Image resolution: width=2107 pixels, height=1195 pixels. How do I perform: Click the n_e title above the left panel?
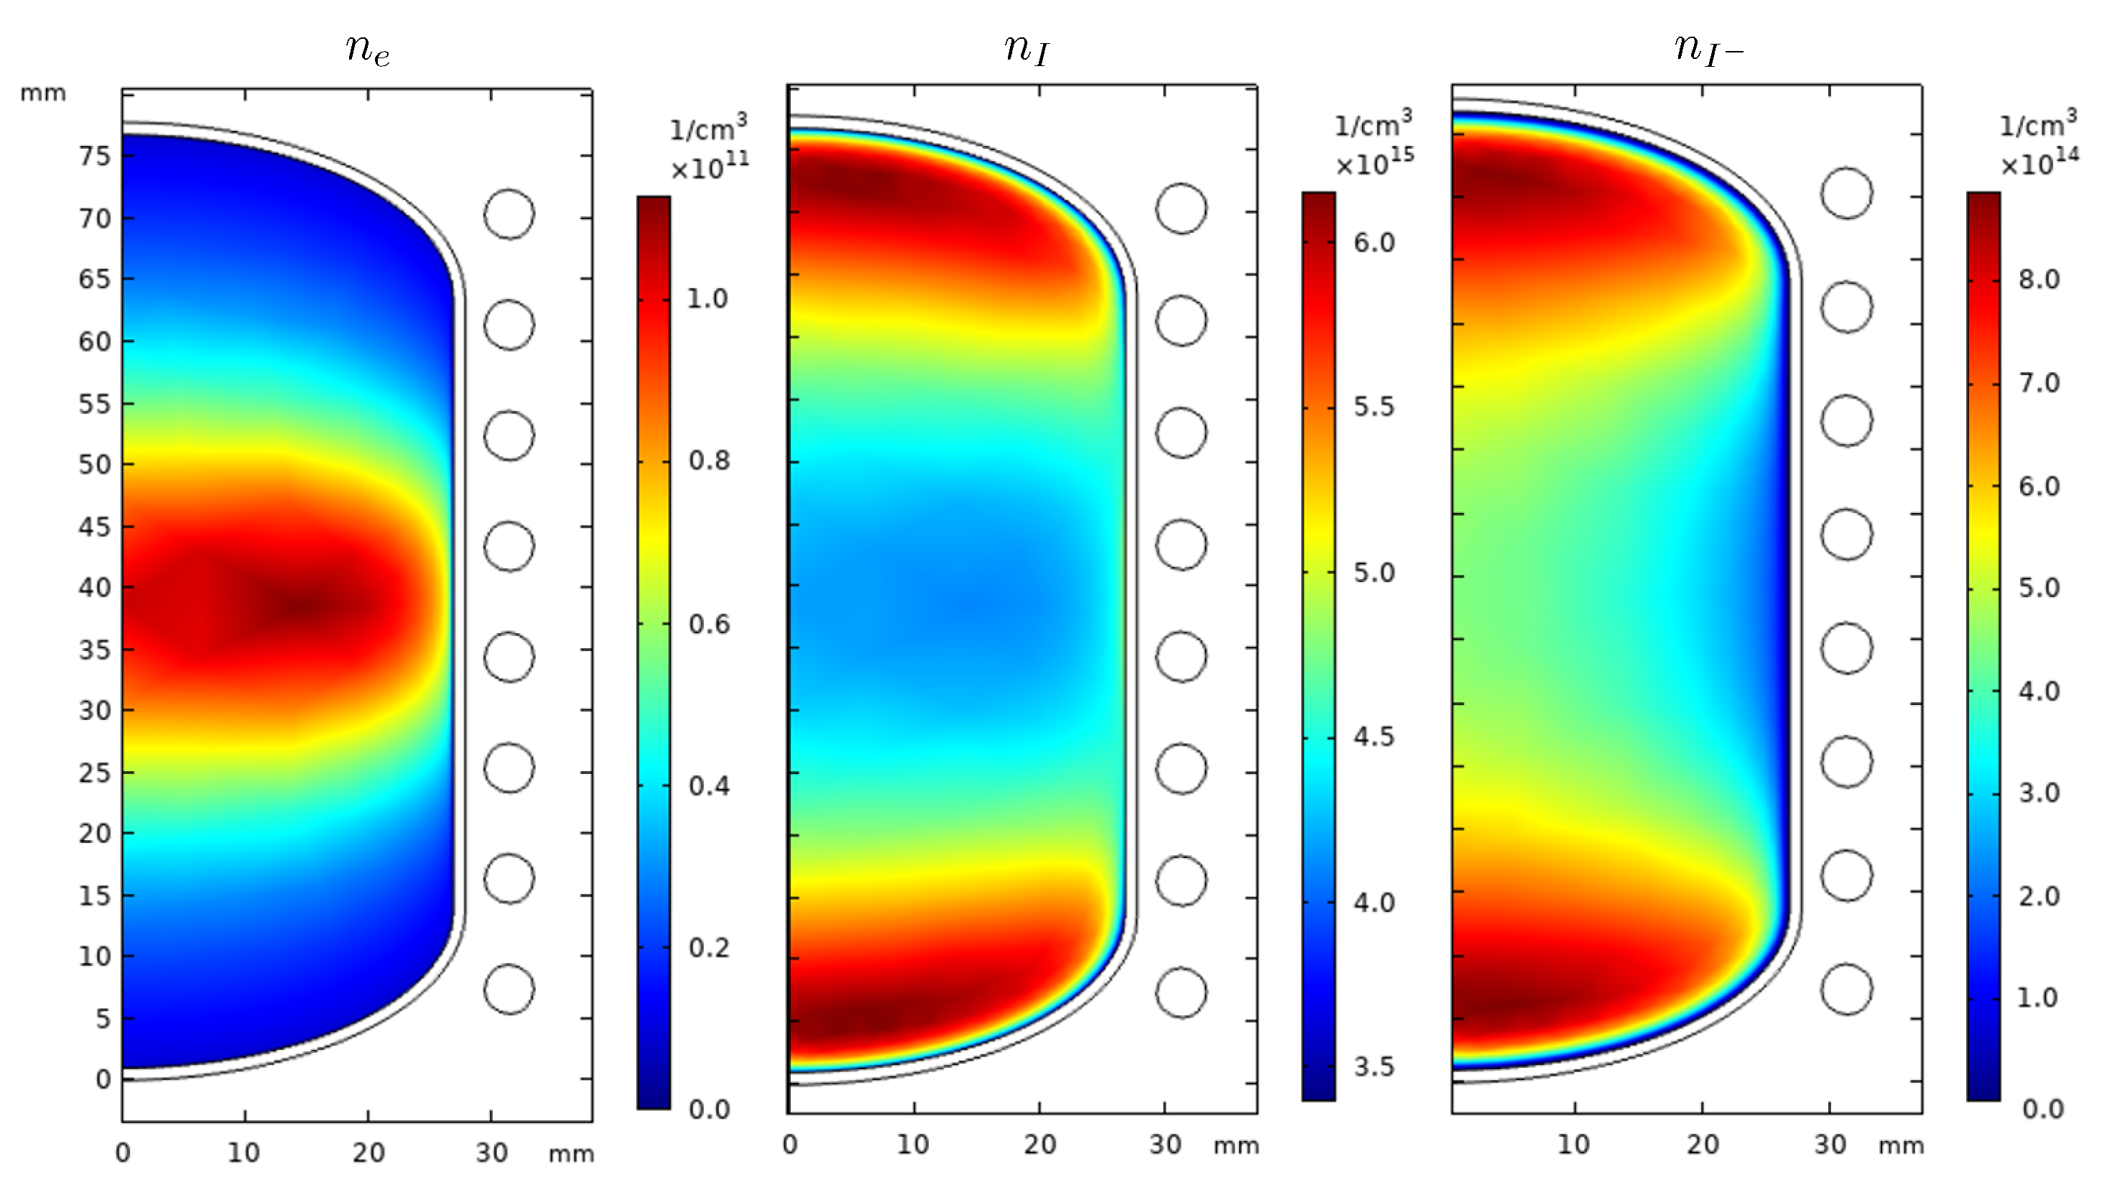pyautogui.click(x=368, y=50)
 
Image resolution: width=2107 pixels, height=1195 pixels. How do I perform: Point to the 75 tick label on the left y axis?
pyautogui.click(x=94, y=155)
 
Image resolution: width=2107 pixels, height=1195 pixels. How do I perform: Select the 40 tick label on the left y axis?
pyautogui.click(x=94, y=588)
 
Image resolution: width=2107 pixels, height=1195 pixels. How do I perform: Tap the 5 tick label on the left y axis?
pyautogui.click(x=102, y=1018)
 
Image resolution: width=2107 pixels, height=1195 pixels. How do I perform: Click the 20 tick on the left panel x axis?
pyautogui.click(x=369, y=1153)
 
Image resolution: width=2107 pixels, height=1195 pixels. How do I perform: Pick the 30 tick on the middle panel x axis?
pyautogui.click(x=1165, y=1145)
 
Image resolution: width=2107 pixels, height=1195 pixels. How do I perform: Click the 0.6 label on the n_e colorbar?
pyautogui.click(x=709, y=624)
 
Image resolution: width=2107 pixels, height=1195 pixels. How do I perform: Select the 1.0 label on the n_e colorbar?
pyautogui.click(x=708, y=299)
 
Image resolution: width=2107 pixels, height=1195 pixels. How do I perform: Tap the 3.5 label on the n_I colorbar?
pyautogui.click(x=1374, y=1067)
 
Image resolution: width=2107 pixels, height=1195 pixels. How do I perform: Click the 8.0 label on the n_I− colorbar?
pyautogui.click(x=2039, y=280)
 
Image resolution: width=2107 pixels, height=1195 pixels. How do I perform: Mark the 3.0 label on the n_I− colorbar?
pyautogui.click(x=2039, y=793)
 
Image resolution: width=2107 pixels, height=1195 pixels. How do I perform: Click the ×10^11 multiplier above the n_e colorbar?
pyautogui.click(x=710, y=167)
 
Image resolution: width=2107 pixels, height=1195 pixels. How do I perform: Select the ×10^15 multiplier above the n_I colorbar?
pyautogui.click(x=1374, y=163)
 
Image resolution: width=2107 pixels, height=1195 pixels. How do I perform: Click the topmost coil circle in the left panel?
pyautogui.click(x=509, y=214)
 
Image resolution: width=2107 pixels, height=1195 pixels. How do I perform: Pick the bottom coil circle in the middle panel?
pyautogui.click(x=1181, y=992)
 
